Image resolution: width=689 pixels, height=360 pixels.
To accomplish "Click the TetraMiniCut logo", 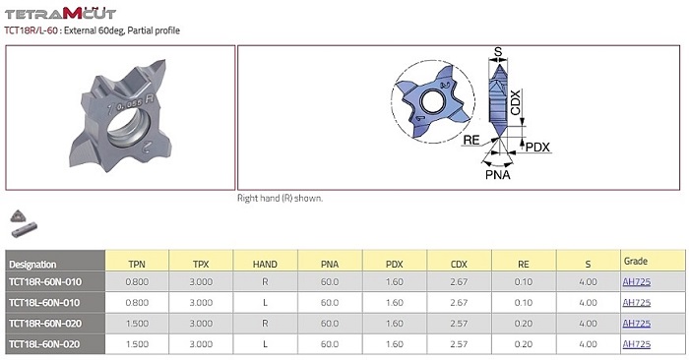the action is click(60, 13).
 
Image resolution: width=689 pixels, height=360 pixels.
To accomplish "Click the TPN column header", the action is click(137, 265).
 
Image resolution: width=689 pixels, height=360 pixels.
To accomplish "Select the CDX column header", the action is click(459, 265).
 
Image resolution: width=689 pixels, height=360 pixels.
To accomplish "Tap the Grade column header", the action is click(636, 262).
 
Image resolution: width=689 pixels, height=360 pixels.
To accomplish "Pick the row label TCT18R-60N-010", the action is click(45, 282).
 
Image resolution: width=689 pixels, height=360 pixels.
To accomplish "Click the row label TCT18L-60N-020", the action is click(44, 344).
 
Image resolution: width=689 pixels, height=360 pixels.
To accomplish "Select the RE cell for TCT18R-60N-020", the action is click(524, 324).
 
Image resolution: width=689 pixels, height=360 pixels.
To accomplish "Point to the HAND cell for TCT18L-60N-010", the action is click(265, 303).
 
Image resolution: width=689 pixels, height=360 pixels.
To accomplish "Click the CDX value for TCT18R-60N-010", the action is click(459, 282).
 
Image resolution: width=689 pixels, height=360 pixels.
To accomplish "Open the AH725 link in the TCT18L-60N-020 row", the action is click(636, 344).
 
